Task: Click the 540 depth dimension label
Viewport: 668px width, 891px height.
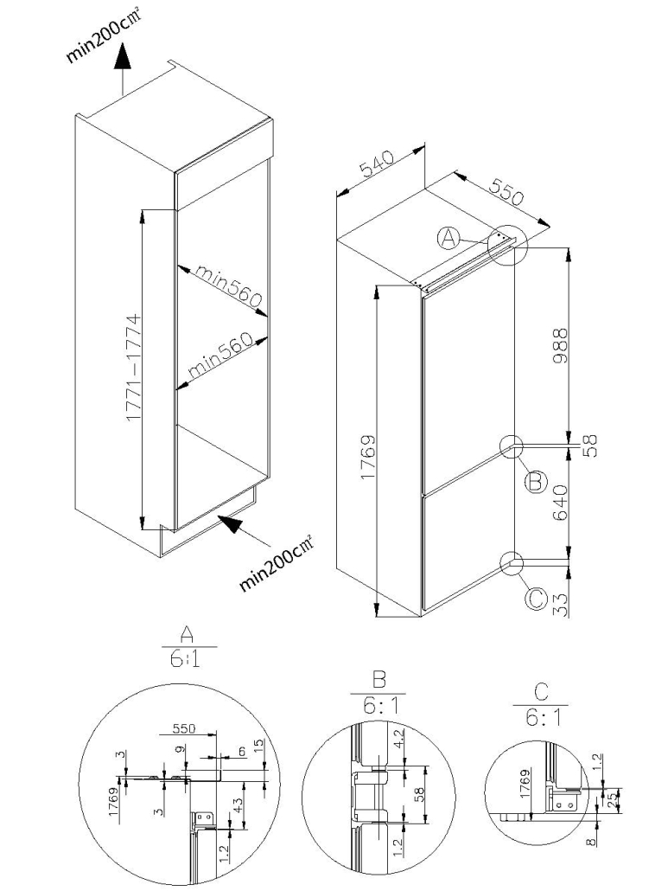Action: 376,164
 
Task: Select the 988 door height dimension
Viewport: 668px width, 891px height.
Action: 560,345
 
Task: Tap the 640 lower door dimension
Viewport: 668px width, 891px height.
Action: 560,502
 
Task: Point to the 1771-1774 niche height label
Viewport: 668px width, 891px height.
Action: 134,368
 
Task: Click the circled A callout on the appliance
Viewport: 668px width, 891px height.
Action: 449,239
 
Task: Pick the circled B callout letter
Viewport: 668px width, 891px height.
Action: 535,482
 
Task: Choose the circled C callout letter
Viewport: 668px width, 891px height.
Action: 535,599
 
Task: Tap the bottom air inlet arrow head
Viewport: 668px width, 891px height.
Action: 231,523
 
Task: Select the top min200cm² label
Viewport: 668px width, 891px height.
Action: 102,35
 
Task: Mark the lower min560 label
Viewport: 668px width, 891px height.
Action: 219,356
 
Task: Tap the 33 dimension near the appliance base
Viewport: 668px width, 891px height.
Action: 560,604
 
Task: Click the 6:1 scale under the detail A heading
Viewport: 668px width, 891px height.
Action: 185,660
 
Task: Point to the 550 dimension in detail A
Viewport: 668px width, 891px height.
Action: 183,729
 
